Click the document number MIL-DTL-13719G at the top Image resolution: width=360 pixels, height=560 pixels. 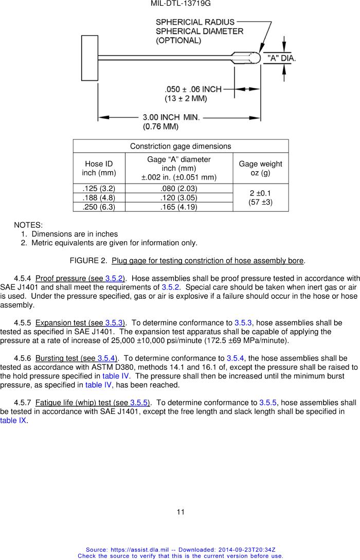click(x=181, y=4)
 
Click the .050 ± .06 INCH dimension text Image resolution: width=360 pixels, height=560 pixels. click(x=193, y=89)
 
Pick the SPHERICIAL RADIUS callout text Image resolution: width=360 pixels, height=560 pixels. click(x=195, y=22)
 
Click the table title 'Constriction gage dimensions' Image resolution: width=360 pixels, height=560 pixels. click(x=181, y=146)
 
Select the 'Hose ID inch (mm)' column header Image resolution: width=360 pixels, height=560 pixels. click(x=99, y=168)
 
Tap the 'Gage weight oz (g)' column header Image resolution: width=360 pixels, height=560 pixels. click(x=260, y=168)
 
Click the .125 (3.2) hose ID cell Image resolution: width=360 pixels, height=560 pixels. click(x=99, y=188)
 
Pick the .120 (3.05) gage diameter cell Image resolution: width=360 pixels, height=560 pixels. click(x=178, y=197)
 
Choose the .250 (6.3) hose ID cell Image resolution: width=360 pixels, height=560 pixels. click(x=99, y=207)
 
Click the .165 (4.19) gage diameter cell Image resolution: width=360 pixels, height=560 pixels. click(x=178, y=207)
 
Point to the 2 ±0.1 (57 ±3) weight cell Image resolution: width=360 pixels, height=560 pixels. click(x=260, y=197)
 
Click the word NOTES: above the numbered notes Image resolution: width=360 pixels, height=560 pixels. click(x=28, y=225)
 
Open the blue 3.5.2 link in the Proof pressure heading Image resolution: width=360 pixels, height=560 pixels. click(x=114, y=278)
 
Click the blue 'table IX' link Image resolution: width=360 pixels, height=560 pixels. click(x=13, y=420)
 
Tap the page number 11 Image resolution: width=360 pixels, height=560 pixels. click(x=181, y=512)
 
